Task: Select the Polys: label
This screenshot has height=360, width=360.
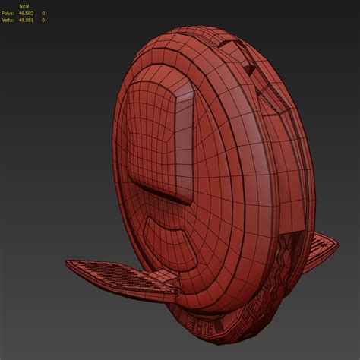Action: pos(10,14)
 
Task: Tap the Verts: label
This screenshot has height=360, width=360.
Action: pos(10,20)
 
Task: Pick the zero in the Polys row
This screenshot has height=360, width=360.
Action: pos(43,14)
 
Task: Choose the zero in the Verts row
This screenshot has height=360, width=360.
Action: pos(43,20)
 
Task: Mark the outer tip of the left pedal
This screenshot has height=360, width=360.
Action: pos(69,266)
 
